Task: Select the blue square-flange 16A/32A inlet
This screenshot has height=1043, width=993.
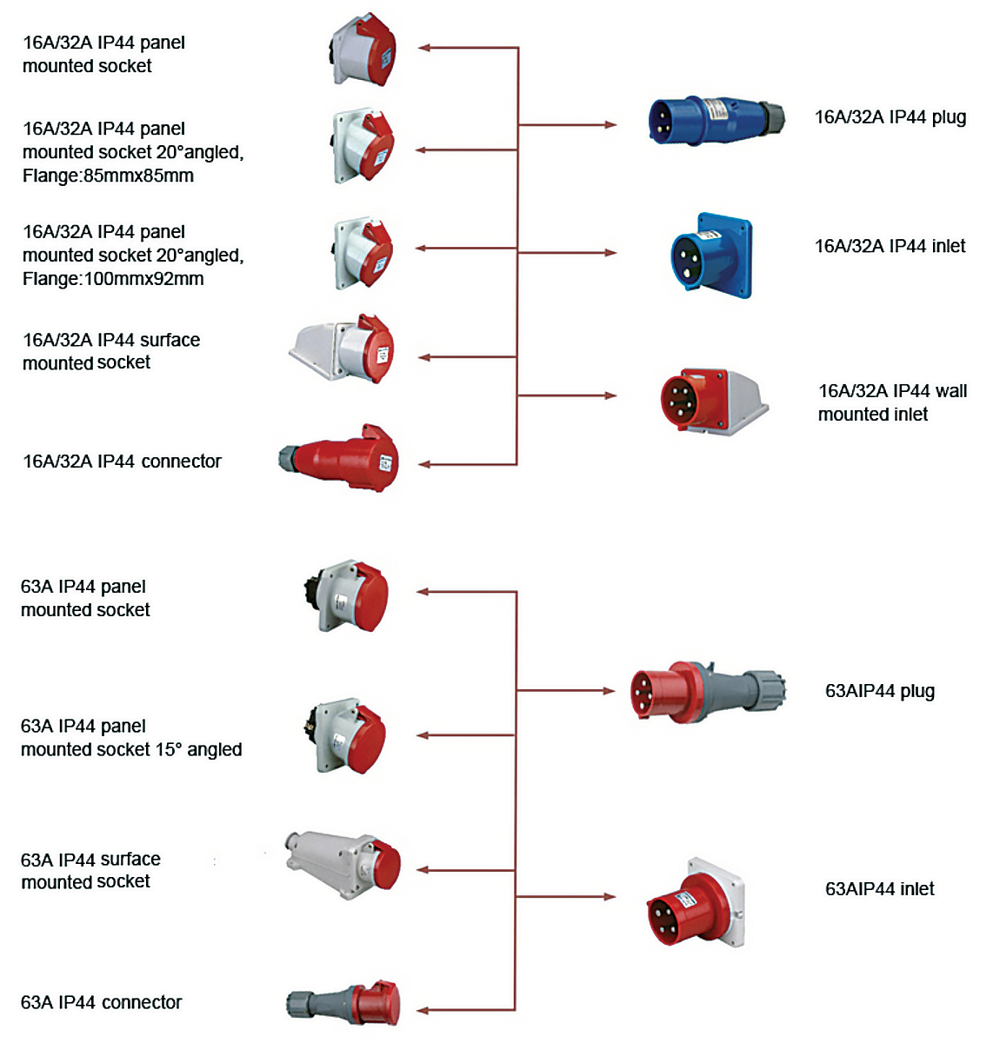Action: (711, 256)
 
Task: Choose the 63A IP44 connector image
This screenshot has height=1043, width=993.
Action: (345, 1003)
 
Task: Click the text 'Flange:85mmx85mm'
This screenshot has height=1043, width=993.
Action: (108, 176)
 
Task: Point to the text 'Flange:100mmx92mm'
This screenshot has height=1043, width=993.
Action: (113, 279)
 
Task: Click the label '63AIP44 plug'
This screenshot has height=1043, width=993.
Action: (879, 692)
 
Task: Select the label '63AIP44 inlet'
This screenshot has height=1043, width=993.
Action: (879, 889)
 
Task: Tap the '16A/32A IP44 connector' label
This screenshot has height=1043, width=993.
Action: (122, 462)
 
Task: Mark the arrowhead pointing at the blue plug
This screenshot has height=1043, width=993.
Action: (610, 125)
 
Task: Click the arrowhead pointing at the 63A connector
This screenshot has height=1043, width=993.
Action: (423, 1010)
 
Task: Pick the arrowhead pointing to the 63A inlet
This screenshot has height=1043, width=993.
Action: (610, 896)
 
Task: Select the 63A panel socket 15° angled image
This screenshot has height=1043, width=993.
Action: (350, 736)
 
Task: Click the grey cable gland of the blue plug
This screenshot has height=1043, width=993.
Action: (770, 116)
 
